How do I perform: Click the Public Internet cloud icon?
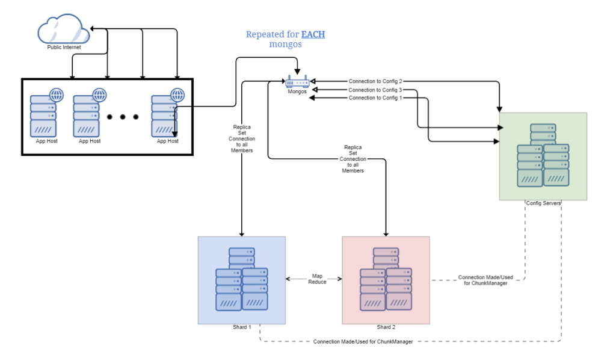[x=63, y=29]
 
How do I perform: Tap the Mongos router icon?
[x=297, y=82]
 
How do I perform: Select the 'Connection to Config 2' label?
[x=376, y=81]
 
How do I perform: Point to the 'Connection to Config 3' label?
[x=376, y=89]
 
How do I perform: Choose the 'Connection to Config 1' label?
[x=376, y=98]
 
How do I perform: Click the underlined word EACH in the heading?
[x=313, y=34]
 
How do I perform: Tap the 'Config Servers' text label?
[x=543, y=203]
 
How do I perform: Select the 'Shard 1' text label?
[x=241, y=327]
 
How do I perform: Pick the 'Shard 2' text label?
[x=386, y=327]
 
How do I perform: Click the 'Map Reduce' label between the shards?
[x=316, y=279]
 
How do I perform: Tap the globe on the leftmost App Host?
[x=57, y=95]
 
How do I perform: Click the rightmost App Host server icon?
[x=164, y=115]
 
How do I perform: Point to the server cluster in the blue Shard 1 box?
[x=241, y=279]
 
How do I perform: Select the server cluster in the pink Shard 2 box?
[x=386, y=279]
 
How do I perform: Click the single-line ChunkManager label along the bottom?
[x=363, y=342]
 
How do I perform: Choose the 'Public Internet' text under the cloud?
[x=64, y=47]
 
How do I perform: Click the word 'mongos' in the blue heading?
[x=285, y=45]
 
